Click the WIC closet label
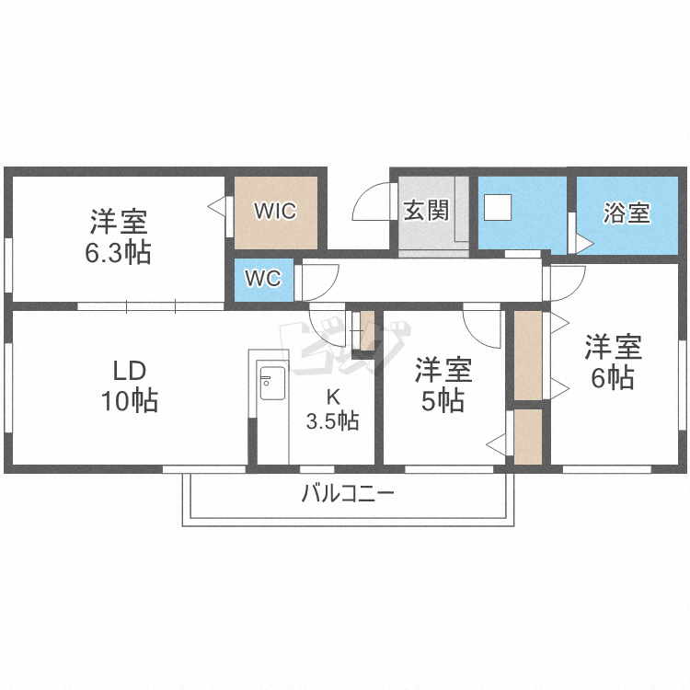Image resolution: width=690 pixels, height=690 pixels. pos(275,212)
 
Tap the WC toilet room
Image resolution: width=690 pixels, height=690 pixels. pos(262,279)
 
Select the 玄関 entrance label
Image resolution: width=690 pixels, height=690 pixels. pos(426,210)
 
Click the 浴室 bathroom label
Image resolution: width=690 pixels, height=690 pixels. pos(627,213)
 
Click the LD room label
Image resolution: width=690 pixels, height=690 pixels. pos(130,372)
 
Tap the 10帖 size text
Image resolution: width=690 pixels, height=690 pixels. pos(130,401)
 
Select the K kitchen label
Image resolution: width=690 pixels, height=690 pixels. pos(332,397)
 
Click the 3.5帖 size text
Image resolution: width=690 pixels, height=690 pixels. pos(332,421)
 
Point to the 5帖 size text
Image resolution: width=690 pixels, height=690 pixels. pos(443,401)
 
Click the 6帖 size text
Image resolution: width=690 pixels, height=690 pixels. pos(613,377)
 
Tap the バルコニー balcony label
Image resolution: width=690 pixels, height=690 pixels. pos(348,494)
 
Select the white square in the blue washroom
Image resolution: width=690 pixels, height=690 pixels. pos(498,207)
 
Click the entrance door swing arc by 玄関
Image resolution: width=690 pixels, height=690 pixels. pos(371,201)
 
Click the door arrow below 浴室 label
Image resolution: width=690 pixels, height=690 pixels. pos(582,245)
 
